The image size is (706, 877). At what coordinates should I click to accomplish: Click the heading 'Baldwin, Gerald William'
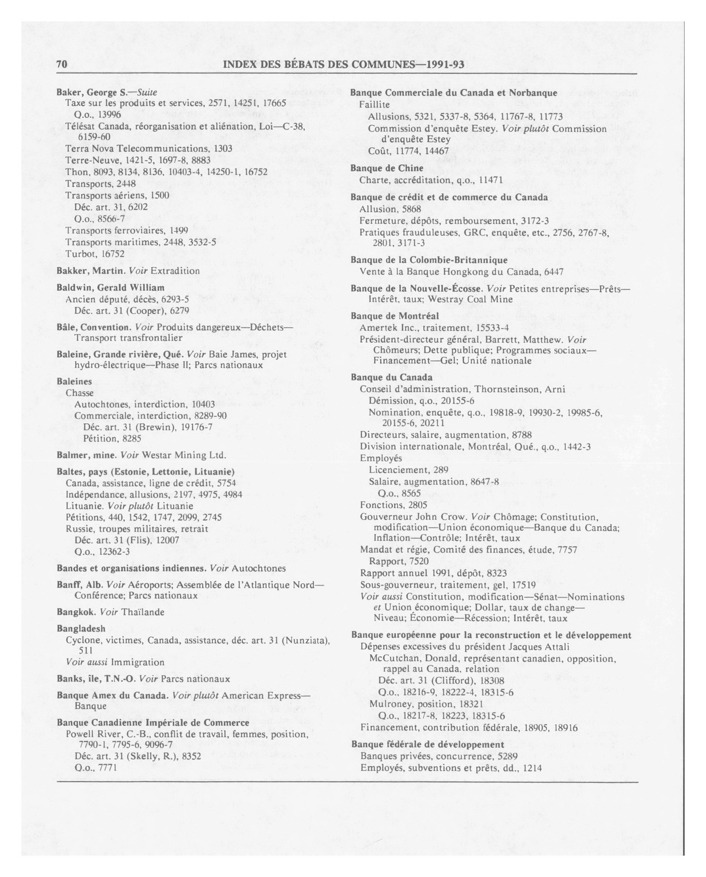coord(111,288)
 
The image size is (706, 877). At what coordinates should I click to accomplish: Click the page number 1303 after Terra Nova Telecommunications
coord(223,149)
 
